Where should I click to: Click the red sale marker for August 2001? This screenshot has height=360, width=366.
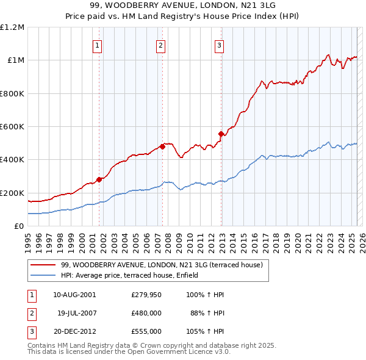[99, 179]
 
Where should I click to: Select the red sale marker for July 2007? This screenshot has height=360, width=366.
[163, 146]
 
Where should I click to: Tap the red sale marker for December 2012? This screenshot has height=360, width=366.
[221, 134]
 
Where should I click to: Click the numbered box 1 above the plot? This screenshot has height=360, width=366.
[98, 45]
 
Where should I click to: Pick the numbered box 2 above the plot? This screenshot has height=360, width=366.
[160, 45]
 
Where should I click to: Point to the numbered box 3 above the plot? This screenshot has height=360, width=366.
[219, 45]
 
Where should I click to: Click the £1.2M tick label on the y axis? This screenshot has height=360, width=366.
[12, 27]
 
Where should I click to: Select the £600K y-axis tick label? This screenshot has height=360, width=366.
[12, 127]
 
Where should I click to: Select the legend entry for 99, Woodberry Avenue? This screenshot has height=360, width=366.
[162, 265]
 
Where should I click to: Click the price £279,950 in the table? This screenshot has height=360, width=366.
[146, 295]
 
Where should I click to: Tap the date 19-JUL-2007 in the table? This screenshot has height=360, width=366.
[77, 313]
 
